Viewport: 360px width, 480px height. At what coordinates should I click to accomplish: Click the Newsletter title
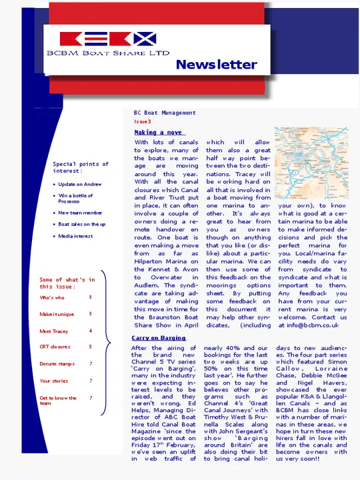click(x=216, y=65)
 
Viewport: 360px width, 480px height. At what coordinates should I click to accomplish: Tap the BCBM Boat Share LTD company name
click(x=107, y=53)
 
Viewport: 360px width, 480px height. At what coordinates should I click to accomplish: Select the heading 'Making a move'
click(x=159, y=133)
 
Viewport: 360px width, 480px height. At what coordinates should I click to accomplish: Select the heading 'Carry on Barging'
click(x=159, y=339)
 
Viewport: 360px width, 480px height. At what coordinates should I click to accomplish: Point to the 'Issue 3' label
click(x=143, y=122)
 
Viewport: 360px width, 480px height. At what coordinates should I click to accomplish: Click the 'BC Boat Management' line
click(x=165, y=113)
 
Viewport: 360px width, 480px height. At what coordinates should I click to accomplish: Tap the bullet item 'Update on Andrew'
click(x=79, y=184)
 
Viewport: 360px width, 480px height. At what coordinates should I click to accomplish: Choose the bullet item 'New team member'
click(x=80, y=213)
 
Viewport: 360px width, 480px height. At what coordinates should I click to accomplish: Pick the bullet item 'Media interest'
click(x=75, y=236)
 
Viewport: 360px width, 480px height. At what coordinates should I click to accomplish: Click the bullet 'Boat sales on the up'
click(x=81, y=225)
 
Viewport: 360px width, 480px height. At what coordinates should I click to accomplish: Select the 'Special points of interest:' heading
click(x=81, y=167)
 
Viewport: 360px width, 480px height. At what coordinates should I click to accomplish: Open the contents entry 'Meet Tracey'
click(x=53, y=331)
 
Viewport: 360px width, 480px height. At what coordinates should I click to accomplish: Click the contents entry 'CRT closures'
click(x=55, y=347)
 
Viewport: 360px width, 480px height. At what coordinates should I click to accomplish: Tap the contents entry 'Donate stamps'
click(x=57, y=364)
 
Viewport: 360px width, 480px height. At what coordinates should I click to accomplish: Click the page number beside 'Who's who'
click(x=91, y=297)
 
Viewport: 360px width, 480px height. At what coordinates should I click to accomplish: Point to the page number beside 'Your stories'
click(x=91, y=381)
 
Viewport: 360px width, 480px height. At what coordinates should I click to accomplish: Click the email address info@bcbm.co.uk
click(x=308, y=325)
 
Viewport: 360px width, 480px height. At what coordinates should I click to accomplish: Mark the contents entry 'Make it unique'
click(x=56, y=314)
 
